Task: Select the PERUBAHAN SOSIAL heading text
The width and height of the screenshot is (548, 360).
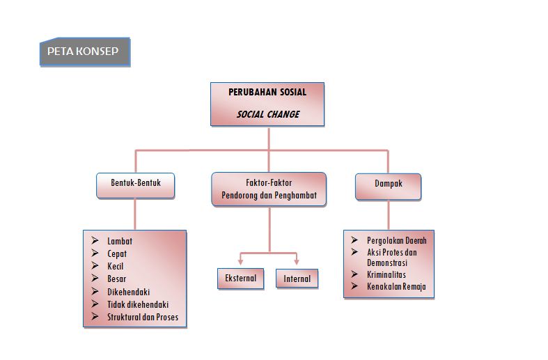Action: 267,92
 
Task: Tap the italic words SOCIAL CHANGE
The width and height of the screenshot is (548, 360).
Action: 267,114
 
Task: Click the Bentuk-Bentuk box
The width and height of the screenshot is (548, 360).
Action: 135,185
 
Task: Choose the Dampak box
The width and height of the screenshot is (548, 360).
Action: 388,185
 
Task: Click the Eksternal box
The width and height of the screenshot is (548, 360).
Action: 240,279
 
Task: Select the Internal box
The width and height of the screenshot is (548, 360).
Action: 297,279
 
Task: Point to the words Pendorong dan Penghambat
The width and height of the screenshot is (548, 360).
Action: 269,196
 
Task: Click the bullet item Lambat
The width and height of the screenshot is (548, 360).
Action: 120,241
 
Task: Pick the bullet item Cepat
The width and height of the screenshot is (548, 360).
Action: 117,253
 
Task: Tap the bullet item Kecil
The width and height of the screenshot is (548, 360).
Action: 116,266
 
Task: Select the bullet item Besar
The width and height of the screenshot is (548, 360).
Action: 117,279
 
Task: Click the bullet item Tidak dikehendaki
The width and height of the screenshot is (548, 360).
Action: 138,304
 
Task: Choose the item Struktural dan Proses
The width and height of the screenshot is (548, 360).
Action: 142,317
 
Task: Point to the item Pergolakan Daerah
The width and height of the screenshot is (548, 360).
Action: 396,240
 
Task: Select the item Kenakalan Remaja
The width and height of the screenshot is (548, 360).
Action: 396,286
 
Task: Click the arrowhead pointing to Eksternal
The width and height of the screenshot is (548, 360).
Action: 240,262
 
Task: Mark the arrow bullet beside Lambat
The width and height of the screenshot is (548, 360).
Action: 95,241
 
